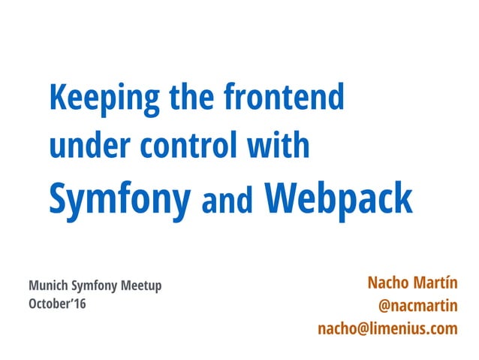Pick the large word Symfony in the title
tap(119, 200)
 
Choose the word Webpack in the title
tap(339, 200)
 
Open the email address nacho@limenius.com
tap(387, 328)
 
